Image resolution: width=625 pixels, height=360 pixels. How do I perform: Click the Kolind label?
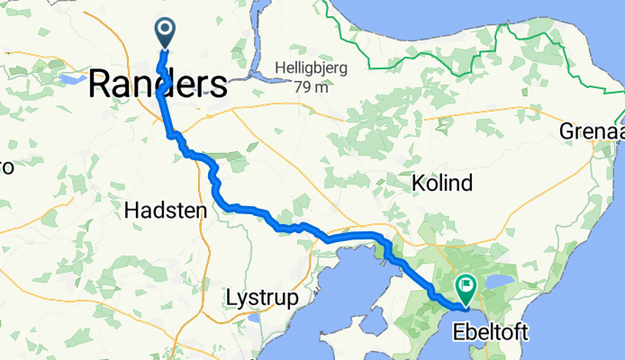pyautogui.click(x=441, y=184)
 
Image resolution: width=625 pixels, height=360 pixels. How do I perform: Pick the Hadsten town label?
pyautogui.click(x=164, y=211)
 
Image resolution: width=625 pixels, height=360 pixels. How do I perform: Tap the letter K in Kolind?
pyautogui.click(x=418, y=184)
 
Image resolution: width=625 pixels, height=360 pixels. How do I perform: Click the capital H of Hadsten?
pyautogui.click(x=130, y=211)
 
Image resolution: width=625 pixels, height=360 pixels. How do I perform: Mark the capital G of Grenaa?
pyautogui.click(x=566, y=131)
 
